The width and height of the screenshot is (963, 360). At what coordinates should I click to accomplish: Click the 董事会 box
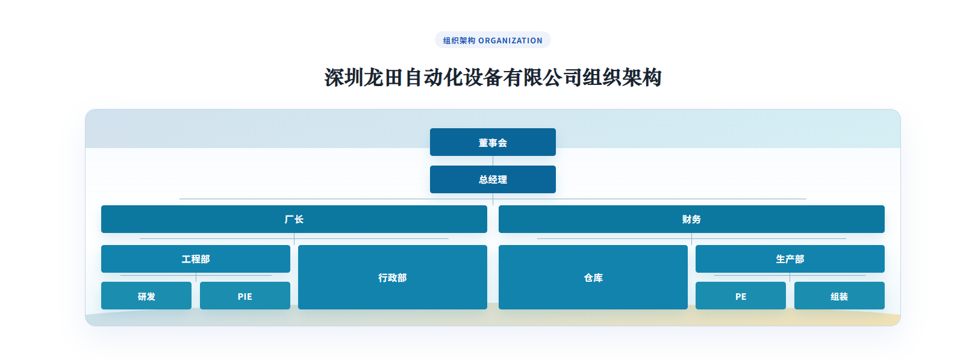pyautogui.click(x=493, y=142)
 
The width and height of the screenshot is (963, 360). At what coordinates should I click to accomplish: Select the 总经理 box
pyautogui.click(x=493, y=179)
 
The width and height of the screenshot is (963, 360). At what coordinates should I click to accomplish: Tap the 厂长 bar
pyautogui.click(x=294, y=219)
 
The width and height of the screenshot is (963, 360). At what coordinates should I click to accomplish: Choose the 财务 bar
pyautogui.click(x=691, y=219)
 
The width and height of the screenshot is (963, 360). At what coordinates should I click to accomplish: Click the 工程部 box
pyautogui.click(x=196, y=259)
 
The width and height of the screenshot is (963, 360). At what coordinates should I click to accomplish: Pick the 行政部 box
pyautogui.click(x=393, y=277)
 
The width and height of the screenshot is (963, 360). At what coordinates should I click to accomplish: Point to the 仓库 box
pyautogui.click(x=593, y=277)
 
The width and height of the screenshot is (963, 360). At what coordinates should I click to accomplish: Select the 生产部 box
pyautogui.click(x=790, y=259)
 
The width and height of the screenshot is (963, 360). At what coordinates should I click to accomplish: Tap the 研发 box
pyautogui.click(x=146, y=296)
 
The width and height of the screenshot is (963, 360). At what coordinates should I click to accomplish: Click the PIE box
pyautogui.click(x=245, y=296)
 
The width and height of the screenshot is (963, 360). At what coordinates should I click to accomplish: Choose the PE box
pyautogui.click(x=741, y=296)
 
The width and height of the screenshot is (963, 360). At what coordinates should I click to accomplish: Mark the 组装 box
pyautogui.click(x=840, y=296)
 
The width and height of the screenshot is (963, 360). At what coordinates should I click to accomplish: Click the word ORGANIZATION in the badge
pyautogui.click(x=510, y=40)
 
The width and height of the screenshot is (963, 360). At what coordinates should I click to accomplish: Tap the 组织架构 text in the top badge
pyautogui.click(x=459, y=40)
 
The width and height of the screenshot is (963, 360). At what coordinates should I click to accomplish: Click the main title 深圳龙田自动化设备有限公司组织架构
pyautogui.click(x=493, y=78)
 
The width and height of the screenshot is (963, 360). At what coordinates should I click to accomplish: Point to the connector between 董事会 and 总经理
pyautogui.click(x=493, y=161)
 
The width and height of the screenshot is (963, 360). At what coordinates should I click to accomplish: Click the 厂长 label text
pyautogui.click(x=294, y=219)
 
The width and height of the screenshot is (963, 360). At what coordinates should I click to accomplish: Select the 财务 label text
pyautogui.click(x=691, y=219)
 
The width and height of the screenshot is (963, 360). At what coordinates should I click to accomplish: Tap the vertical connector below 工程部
pyautogui.click(x=196, y=277)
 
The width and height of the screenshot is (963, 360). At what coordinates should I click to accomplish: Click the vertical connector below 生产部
pyautogui.click(x=790, y=277)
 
